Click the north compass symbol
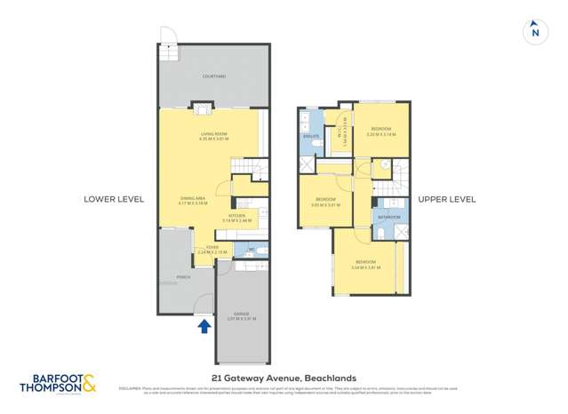[534, 31]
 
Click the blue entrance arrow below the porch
[204, 326]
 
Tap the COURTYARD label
[214, 77]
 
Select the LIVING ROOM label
[214, 135]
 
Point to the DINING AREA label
[194, 200]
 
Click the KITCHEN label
[237, 217]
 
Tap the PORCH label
[183, 277]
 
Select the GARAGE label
[241, 314]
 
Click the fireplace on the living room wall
[204, 110]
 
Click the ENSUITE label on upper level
[311, 137]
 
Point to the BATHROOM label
[388, 217]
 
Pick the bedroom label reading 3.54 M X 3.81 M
[365, 264]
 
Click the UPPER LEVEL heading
[446, 199]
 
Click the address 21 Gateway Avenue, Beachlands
[284, 376]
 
